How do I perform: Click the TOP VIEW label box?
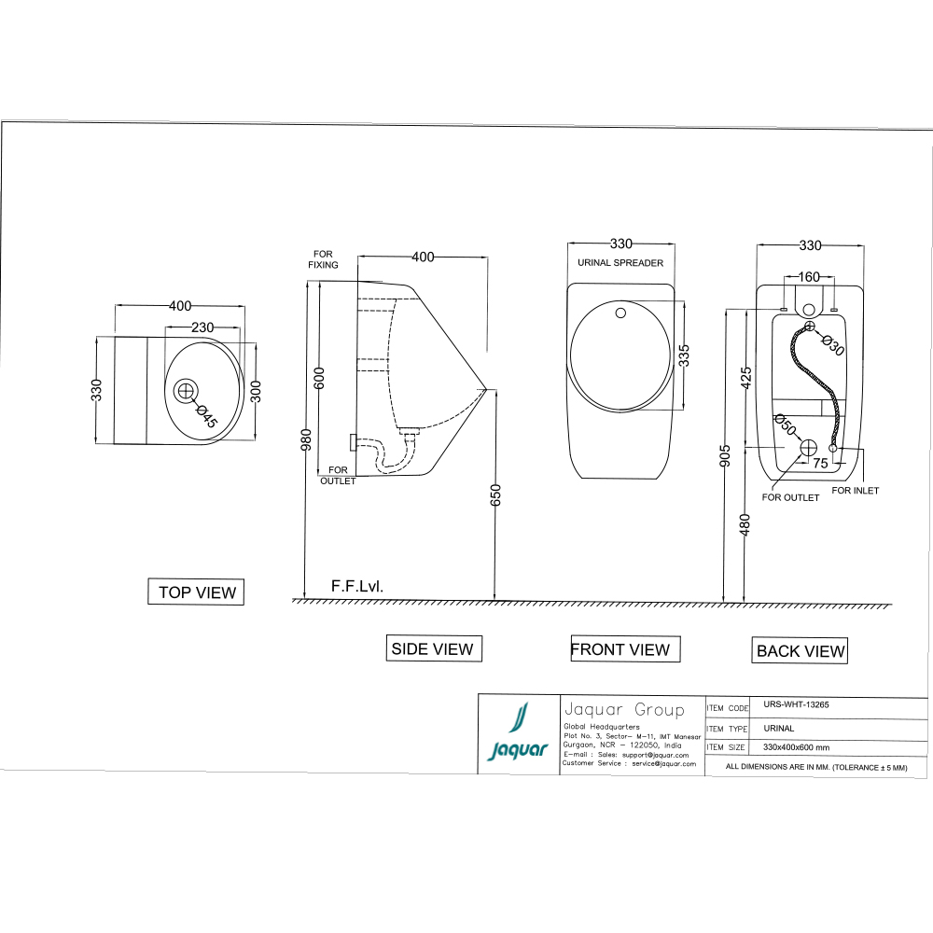point(196,592)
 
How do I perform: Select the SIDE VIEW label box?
point(433,648)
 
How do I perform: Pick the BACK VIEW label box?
point(801,651)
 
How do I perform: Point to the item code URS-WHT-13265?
point(796,705)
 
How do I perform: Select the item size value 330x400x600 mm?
point(796,747)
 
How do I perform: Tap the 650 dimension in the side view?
point(495,494)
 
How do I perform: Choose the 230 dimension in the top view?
point(202,327)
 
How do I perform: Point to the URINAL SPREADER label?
point(620,263)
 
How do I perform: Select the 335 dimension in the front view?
point(684,355)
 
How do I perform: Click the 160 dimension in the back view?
point(809,276)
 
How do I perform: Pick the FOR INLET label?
point(855,490)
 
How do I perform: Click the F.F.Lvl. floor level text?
point(357,587)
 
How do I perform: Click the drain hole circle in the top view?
point(186,390)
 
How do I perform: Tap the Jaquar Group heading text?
point(623,710)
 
